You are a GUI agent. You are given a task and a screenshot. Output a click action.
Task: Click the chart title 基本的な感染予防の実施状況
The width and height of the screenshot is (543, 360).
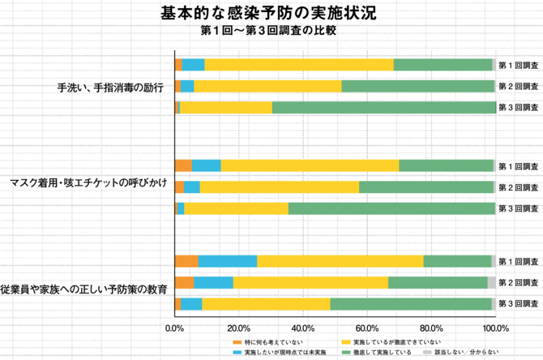[257, 14]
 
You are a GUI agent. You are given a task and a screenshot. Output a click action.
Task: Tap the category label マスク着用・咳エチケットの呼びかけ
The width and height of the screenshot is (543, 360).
[88, 182]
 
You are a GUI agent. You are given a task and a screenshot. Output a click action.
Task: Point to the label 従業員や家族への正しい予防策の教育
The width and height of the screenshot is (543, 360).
[84, 288]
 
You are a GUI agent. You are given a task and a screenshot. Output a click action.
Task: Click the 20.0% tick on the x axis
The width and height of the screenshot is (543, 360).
[238, 328]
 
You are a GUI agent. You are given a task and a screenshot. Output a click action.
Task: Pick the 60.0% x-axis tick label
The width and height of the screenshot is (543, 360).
[366, 328]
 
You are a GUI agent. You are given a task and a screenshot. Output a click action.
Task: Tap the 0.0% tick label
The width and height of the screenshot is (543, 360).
[175, 328]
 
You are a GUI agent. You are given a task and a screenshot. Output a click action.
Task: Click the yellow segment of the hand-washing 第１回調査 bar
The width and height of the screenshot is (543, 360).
[299, 65]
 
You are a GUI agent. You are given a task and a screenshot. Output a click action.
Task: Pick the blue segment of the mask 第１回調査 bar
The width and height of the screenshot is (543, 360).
[207, 165]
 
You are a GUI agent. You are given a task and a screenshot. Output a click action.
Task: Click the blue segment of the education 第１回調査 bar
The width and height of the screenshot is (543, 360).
[228, 261]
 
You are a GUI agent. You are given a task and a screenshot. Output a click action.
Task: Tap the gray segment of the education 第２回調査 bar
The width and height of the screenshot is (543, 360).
[492, 282]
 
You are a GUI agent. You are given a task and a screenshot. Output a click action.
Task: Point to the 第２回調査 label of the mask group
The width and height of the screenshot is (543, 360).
[518, 187]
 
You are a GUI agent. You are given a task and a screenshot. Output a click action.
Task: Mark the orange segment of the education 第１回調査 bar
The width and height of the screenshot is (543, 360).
[186, 261]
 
